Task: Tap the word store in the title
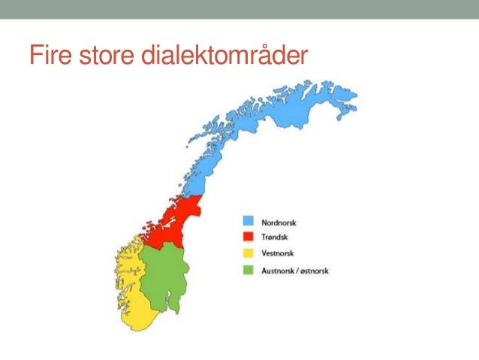(107, 56)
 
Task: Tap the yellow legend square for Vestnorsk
(247, 253)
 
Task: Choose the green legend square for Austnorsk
(247, 270)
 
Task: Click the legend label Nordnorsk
(279, 222)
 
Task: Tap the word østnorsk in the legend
(315, 271)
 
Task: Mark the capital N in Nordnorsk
(264, 222)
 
